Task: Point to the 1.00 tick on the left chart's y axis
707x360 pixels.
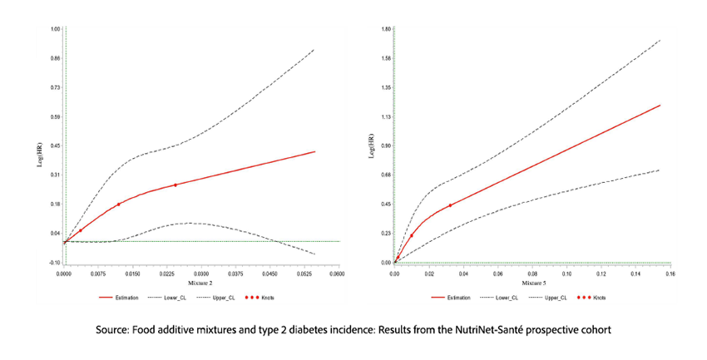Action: coord(56,28)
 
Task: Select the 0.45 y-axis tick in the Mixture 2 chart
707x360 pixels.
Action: coord(56,145)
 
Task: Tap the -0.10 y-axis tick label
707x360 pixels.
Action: coord(55,262)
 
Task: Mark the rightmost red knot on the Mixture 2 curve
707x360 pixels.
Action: coord(176,185)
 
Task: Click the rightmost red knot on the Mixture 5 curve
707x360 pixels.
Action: coord(450,205)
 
